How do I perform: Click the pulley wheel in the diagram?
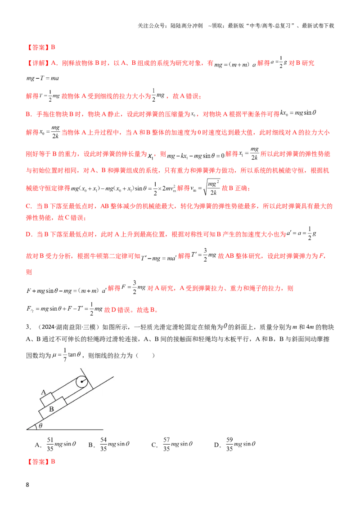pyautogui.click(x=81, y=382)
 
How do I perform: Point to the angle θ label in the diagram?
pyautogui.click(x=40, y=425)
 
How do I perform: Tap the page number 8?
pyautogui.click(x=27, y=485)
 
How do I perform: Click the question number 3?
pyautogui.click(x=28, y=327)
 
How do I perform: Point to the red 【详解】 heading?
pyautogui.click(x=38, y=63)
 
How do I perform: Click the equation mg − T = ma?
pyautogui.click(x=43, y=78)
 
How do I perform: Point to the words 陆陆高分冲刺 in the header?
pyautogui.click(x=186, y=26)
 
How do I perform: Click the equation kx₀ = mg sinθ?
pyautogui.click(x=298, y=113)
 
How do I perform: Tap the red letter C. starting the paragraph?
pyautogui.click(x=29, y=206)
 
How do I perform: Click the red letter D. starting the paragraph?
pyautogui.click(x=29, y=234)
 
